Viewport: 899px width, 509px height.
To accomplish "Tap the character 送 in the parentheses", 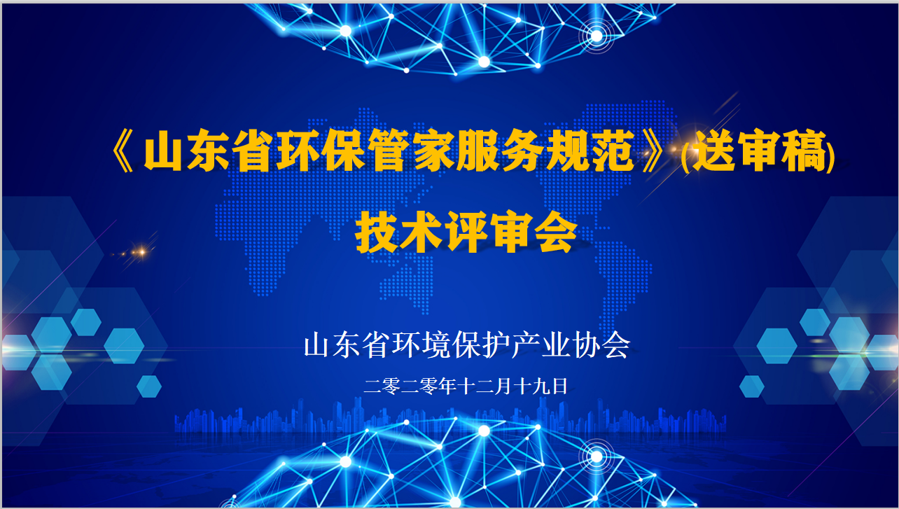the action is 715,151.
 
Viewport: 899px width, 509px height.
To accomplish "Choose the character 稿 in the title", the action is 805,151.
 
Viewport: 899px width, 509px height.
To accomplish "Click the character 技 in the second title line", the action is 377,232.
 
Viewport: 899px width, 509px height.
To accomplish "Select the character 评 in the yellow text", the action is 467,232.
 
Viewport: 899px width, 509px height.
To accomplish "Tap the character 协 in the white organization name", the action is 586,345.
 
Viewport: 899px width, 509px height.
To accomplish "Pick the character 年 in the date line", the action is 447,386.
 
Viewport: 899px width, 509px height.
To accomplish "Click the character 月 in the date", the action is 503,386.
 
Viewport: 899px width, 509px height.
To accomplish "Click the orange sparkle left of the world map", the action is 141,252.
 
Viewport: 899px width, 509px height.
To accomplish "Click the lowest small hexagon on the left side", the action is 149,386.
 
